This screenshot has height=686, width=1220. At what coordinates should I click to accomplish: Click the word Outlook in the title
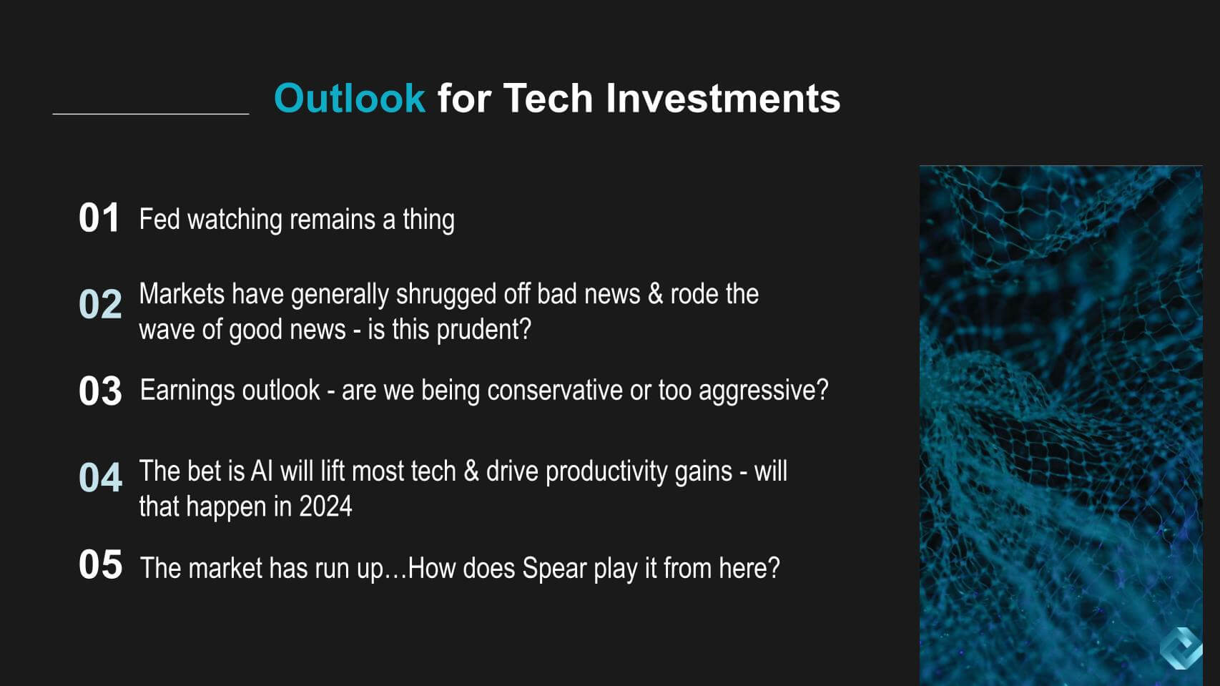click(350, 98)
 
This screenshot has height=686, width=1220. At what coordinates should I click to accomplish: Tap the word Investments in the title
click(723, 98)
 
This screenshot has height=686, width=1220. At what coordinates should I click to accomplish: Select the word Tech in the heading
click(548, 98)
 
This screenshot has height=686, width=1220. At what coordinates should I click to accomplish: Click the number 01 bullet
click(99, 218)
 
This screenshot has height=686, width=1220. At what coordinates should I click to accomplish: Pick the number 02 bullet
click(100, 303)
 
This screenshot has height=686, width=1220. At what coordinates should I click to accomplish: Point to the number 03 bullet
click(100, 391)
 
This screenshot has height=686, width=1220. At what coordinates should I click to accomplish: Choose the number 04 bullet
click(100, 477)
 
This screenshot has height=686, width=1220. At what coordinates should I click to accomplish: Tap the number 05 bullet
click(100, 564)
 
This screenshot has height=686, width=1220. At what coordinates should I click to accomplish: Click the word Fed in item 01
click(159, 219)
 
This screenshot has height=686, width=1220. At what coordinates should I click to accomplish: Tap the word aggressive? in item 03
click(764, 391)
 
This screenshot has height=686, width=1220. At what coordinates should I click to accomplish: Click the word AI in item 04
click(262, 471)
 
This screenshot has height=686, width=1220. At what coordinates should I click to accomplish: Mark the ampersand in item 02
click(655, 294)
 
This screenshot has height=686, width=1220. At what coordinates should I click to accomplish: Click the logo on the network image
click(1181, 648)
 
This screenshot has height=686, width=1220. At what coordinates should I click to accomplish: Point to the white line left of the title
click(151, 114)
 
